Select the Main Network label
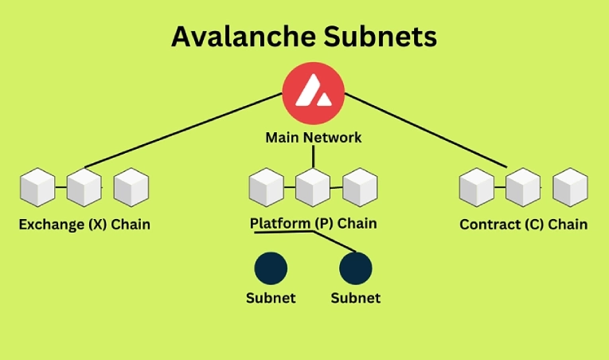[313, 138]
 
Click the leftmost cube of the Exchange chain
[37, 188]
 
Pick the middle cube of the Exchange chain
[84, 188]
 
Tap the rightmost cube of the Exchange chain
[131, 188]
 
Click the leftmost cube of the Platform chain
[266, 188]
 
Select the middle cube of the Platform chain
[313, 188]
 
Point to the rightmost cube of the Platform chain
[359, 188]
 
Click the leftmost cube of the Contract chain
[477, 188]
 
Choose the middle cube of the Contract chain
[523, 188]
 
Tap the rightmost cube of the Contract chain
[570, 188]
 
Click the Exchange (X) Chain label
[84, 225]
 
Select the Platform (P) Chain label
[313, 224]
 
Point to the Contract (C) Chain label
[523, 225]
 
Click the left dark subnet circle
[271, 268]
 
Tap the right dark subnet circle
[355, 268]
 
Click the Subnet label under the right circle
[355, 299]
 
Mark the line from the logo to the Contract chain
[426, 130]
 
